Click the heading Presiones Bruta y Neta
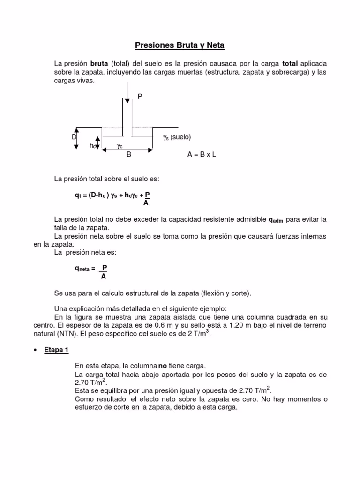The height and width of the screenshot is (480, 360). click(180, 45)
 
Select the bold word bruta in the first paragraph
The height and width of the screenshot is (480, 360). click(99, 63)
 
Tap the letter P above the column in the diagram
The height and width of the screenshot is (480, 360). click(139, 96)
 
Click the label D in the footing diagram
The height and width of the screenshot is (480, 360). click(74, 137)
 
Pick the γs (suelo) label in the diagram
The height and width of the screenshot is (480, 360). click(177, 137)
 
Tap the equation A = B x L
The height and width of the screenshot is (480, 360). click(202, 155)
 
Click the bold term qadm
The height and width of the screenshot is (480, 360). click(276, 220)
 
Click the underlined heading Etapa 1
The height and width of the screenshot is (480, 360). click(56, 350)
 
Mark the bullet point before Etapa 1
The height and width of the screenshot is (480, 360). click(36, 351)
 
